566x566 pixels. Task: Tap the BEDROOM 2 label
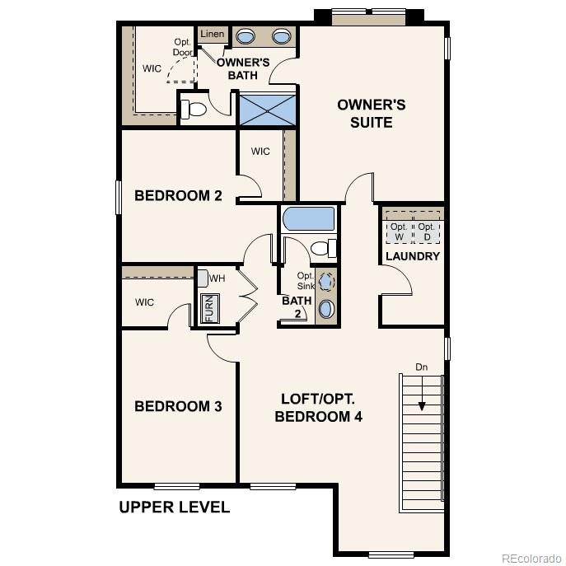[x=178, y=196]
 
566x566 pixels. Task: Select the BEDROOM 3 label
[x=178, y=406]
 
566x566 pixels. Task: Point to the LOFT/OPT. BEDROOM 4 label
[x=318, y=407]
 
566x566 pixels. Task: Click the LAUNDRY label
[x=413, y=256]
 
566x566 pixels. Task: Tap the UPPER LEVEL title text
[x=174, y=507]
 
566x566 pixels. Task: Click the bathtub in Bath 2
[x=309, y=220]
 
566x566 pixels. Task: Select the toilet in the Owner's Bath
[x=194, y=109]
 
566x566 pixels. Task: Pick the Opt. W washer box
[x=399, y=232]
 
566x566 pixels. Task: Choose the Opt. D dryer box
[x=426, y=232]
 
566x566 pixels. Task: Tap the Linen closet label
[x=213, y=35]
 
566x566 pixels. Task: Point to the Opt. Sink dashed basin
[x=327, y=282]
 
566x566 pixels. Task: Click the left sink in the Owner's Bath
[x=246, y=36]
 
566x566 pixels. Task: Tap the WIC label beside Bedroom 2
[x=260, y=152]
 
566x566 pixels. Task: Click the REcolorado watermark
[x=531, y=558]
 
